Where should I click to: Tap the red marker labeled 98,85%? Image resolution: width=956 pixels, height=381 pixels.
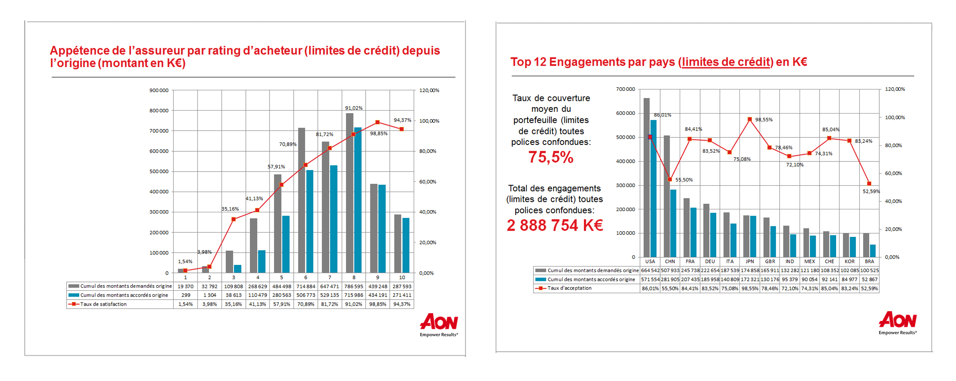pos(378,122)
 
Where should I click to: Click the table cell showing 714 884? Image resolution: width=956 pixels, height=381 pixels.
pos(306,286)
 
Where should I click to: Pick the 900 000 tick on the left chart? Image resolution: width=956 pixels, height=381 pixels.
pos(159,90)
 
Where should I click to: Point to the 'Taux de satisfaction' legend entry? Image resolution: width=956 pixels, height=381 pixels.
pos(103,304)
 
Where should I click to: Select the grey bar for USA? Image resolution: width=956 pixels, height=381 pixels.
pos(646,178)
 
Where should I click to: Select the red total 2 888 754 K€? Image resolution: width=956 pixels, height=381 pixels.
pos(555,225)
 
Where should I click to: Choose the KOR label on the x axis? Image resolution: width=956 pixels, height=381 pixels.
pos(850,261)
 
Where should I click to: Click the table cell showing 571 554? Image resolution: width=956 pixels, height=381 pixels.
pos(650,280)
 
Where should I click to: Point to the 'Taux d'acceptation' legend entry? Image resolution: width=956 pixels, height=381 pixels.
pos(569,288)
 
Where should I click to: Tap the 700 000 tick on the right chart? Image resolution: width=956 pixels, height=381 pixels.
pos(625,89)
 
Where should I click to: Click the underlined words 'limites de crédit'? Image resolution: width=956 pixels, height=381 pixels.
pos(725,62)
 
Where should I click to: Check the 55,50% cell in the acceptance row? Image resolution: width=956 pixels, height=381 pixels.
pos(670,289)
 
